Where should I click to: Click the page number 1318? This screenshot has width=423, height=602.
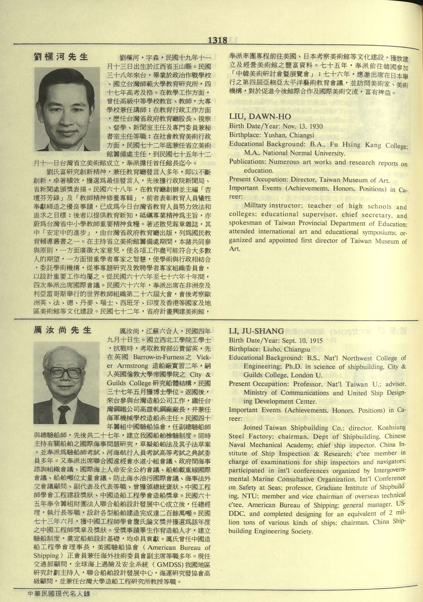pyautogui.click(x=218, y=40)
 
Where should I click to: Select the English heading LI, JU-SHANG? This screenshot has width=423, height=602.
pyautogui.click(x=256, y=331)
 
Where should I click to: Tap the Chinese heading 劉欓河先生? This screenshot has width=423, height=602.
pyautogui.click(x=61, y=57)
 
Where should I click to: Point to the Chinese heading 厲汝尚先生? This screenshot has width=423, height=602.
pyautogui.click(x=62, y=330)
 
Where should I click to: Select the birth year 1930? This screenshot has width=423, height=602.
pyautogui.click(x=316, y=126)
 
